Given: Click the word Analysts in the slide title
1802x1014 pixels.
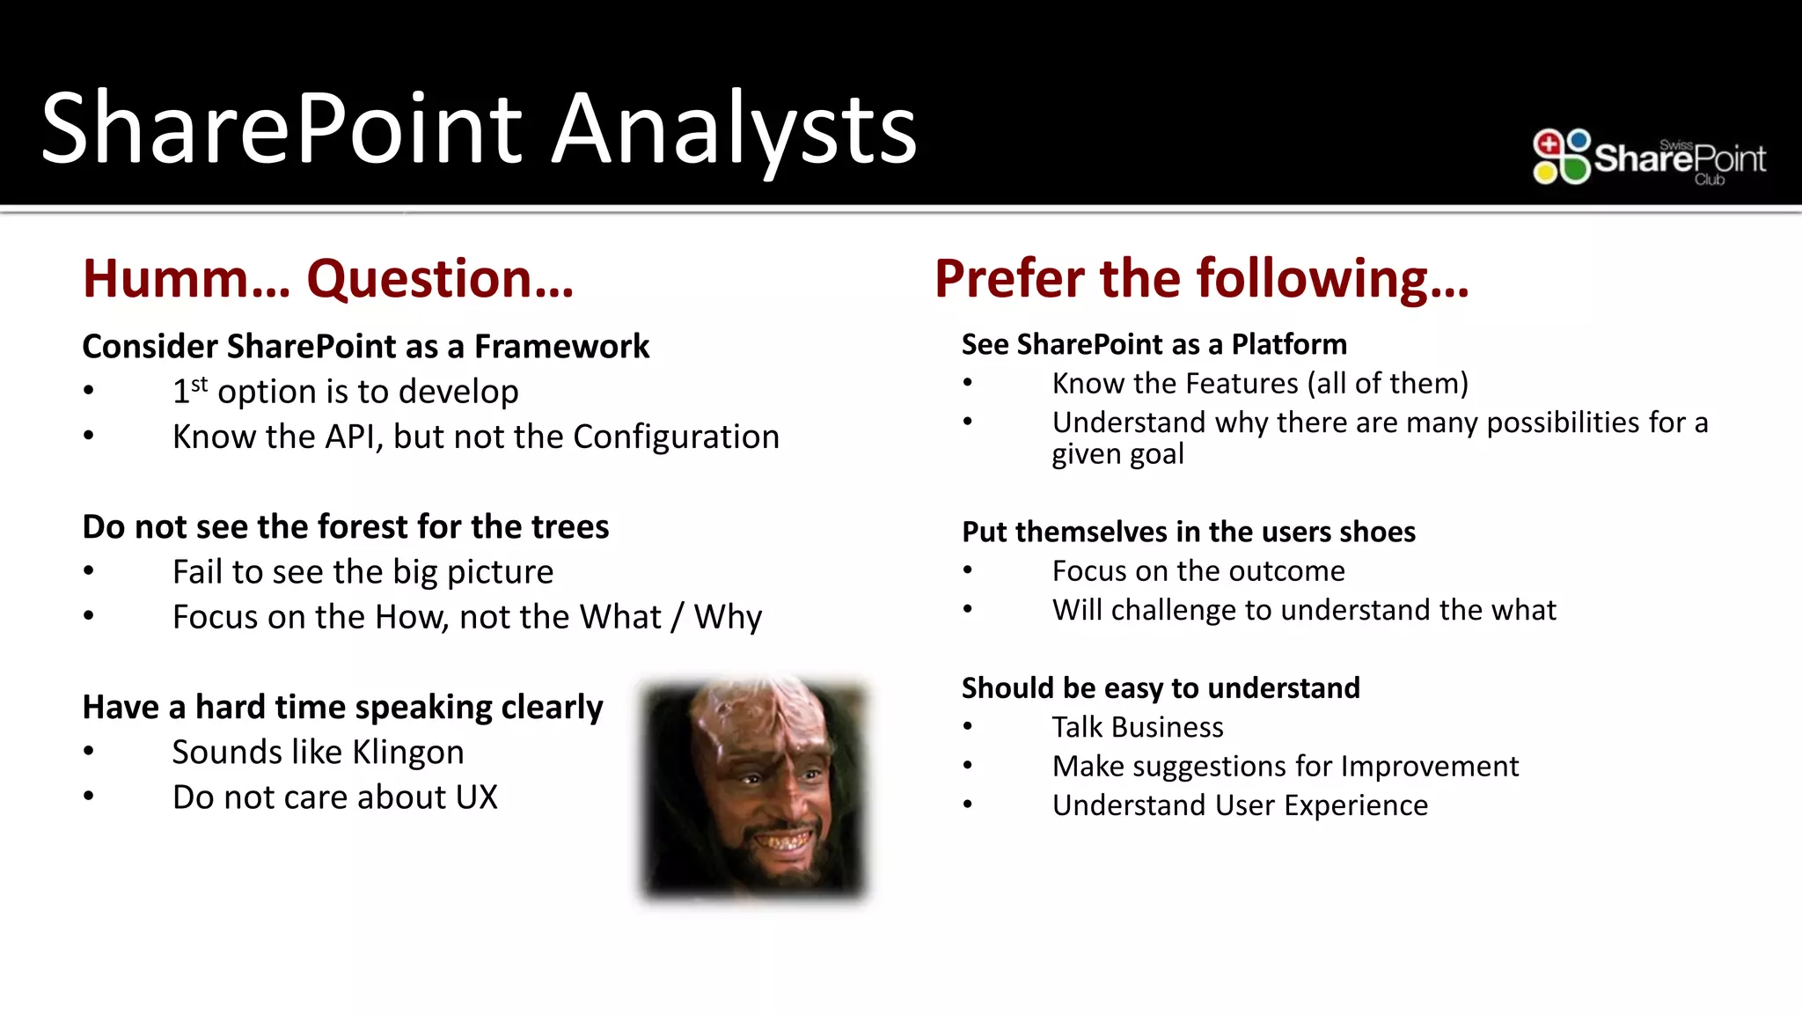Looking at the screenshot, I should pyautogui.click(x=734, y=129).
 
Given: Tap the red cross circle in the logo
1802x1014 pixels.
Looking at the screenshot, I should pyautogui.click(x=1548, y=143).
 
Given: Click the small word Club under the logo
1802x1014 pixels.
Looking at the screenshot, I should pyautogui.click(x=1709, y=180).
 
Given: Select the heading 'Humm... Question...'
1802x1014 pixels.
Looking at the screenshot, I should pyautogui.click(x=327, y=279).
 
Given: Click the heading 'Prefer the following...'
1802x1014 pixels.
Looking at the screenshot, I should pyautogui.click(x=1201, y=279).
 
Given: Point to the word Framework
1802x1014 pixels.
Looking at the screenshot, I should pyautogui.click(x=561, y=347).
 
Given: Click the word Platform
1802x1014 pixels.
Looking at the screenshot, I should pyautogui.click(x=1289, y=344).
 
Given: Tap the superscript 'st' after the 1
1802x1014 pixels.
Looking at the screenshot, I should pyautogui.click(x=200, y=384).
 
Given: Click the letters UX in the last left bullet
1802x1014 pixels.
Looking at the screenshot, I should pyautogui.click(x=476, y=797).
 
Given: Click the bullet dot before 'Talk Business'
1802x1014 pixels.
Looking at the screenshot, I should pyautogui.click(x=968, y=727).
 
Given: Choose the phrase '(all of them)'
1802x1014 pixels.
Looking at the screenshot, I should pyautogui.click(x=1388, y=384).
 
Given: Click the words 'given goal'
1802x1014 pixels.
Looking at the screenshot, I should pyautogui.click(x=1117, y=454).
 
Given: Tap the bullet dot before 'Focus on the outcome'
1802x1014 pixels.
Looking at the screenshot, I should pyautogui.click(x=968, y=570).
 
